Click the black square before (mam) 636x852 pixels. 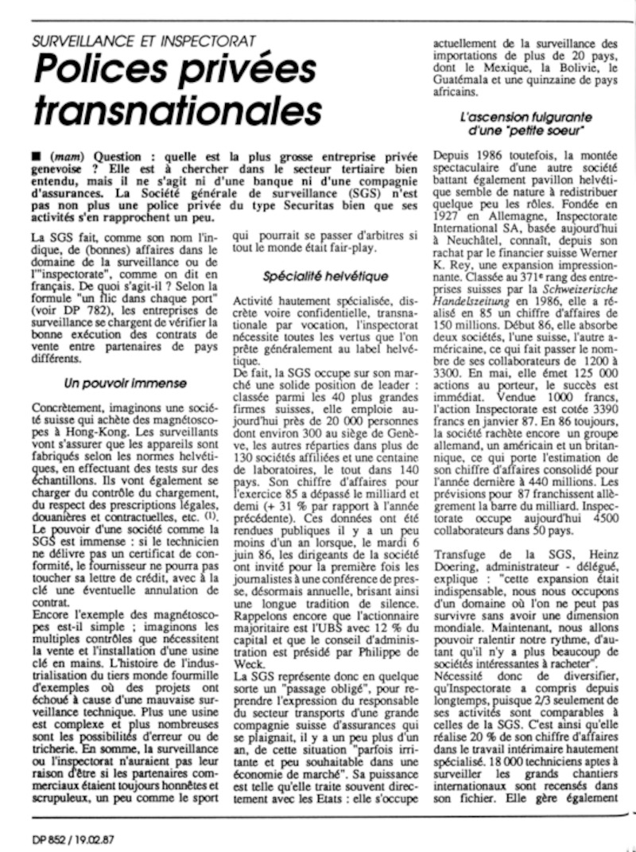(x=30, y=157)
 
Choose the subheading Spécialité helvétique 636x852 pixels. (x=326, y=277)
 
